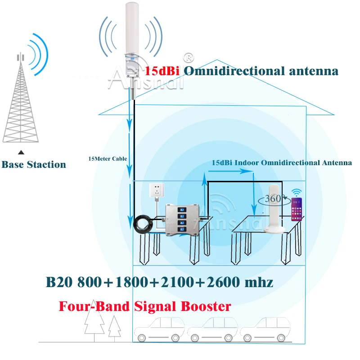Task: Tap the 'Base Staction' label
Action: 34,164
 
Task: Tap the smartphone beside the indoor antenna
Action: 297,209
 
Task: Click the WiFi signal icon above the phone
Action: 297,192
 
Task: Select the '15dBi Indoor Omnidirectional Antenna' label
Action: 282,162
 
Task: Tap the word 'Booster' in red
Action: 204,306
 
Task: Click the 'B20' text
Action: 60,283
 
